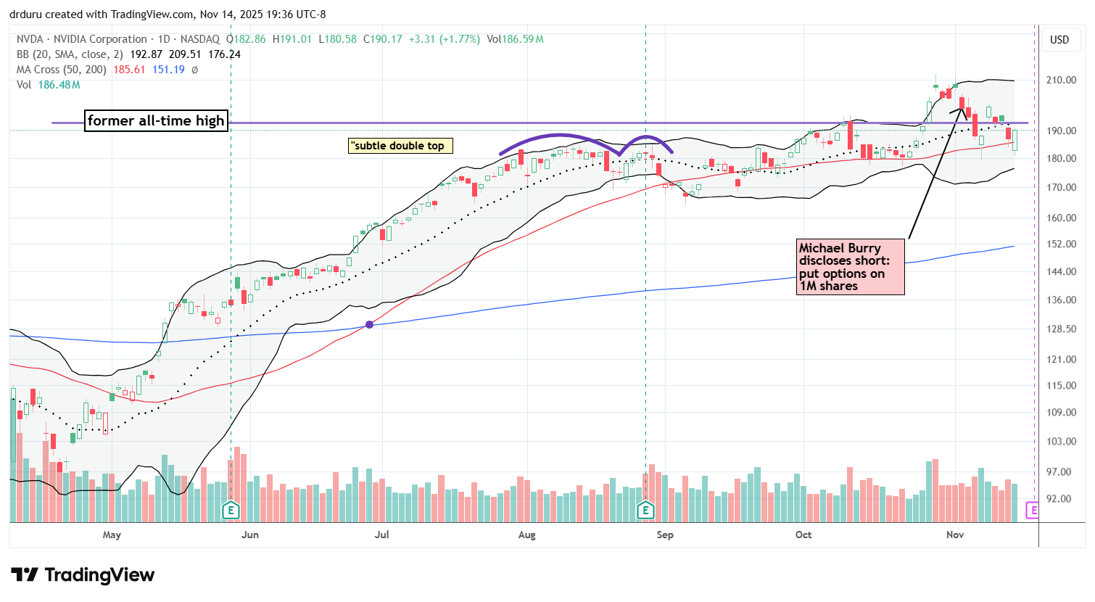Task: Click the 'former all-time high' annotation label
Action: pyautogui.click(x=156, y=120)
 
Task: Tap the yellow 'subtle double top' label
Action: pyautogui.click(x=400, y=146)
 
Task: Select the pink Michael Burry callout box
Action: pyautogui.click(x=851, y=267)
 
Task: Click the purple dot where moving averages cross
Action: pyautogui.click(x=370, y=324)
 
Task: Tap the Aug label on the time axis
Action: pyautogui.click(x=527, y=535)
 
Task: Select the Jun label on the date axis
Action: pyautogui.click(x=249, y=535)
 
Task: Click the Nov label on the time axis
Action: pyautogui.click(x=955, y=535)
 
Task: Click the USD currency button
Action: pyautogui.click(x=1059, y=40)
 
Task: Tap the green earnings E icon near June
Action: pyautogui.click(x=231, y=511)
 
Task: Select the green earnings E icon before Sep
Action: pyautogui.click(x=645, y=511)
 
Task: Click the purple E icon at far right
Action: pyautogui.click(x=1033, y=511)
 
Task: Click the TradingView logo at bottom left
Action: pyautogui.click(x=83, y=575)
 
